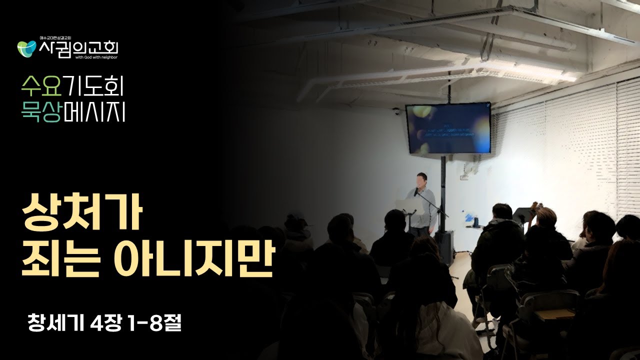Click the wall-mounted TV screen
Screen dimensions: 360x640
(447, 128)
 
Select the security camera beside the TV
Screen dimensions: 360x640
(396, 111)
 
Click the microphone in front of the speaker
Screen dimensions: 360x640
(416, 192)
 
